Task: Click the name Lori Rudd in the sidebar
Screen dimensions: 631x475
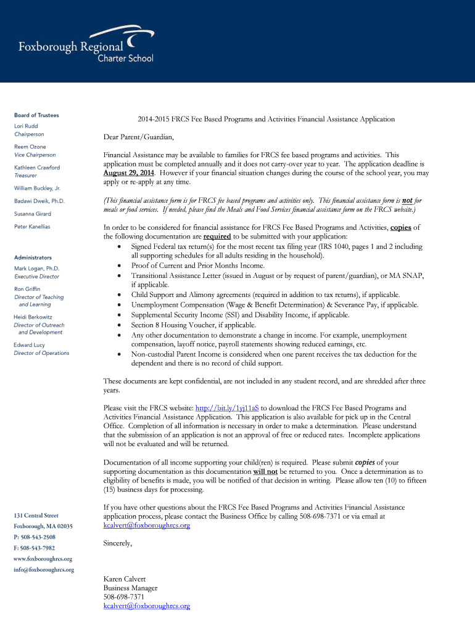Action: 26,126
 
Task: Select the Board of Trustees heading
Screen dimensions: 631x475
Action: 36,115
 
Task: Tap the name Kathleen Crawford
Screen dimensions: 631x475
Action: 37,168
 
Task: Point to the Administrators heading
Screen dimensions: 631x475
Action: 33,258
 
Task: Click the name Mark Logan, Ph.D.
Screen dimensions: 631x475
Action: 36,269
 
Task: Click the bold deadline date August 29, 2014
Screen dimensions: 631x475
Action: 128,173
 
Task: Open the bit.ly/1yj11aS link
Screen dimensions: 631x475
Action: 227,408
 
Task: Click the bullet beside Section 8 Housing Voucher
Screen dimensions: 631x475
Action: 118,325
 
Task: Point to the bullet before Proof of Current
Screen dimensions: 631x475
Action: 118,266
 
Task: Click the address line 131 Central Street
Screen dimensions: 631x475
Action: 36,516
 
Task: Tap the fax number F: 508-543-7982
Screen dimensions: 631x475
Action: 34,548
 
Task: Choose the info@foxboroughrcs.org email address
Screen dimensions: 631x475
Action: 44,570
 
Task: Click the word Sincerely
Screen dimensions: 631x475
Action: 117,543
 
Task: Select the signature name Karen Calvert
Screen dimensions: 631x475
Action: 125,579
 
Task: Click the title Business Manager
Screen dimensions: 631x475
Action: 130,588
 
